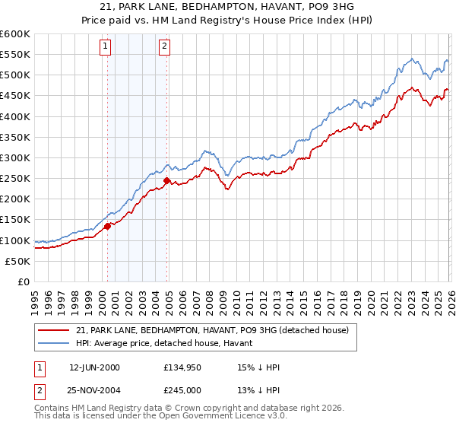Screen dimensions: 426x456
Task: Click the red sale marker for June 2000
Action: [107, 226]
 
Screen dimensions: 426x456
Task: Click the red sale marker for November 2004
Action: [166, 180]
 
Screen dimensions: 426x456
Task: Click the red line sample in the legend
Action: [54, 330]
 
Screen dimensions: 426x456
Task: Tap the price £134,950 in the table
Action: [182, 367]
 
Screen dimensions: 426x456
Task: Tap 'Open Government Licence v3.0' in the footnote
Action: [220, 417]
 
